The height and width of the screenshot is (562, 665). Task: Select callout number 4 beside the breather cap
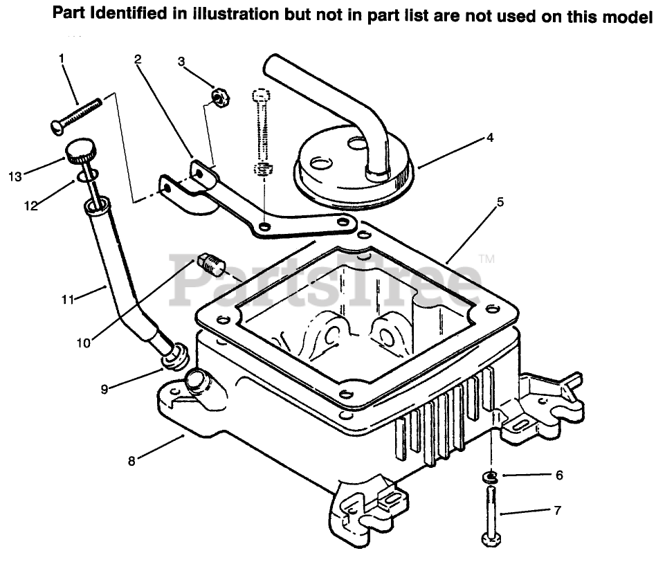coord(489,137)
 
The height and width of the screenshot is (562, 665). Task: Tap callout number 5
coord(500,203)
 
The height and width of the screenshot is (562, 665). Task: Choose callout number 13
coord(15,177)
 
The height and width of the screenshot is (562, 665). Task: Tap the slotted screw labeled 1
coord(76,114)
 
